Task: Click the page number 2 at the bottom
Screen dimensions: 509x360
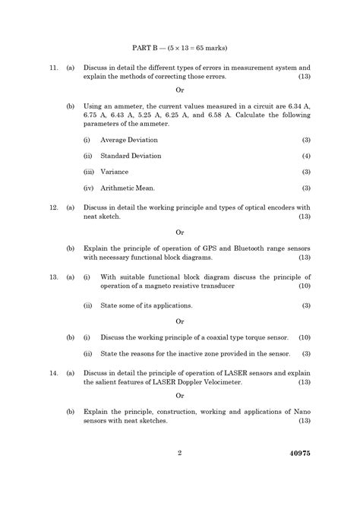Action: tap(180, 454)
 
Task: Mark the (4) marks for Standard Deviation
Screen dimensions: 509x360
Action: tap(306, 156)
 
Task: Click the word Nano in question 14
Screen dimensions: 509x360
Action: tap(302, 410)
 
